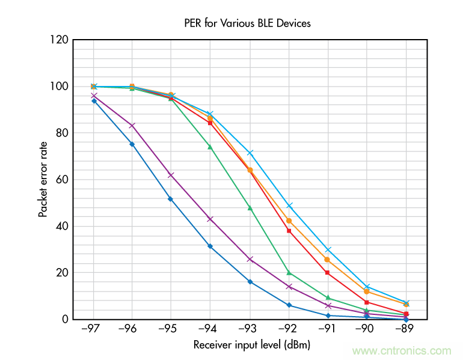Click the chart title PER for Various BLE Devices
click(247, 23)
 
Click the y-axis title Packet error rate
click(43, 179)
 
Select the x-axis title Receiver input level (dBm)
click(252, 346)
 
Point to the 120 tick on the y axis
click(60, 40)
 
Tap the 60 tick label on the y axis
click(62, 180)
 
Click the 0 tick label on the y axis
click(65, 319)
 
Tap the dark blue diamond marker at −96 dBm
click(132, 144)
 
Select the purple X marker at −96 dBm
click(132, 126)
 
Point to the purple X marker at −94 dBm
click(210, 219)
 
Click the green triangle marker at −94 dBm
click(210, 147)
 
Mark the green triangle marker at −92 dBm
click(289, 273)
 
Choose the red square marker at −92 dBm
click(289, 231)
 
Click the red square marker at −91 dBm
click(328, 273)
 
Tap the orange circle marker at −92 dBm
click(289, 221)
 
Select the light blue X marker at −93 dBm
click(250, 153)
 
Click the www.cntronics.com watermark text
click(402, 351)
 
